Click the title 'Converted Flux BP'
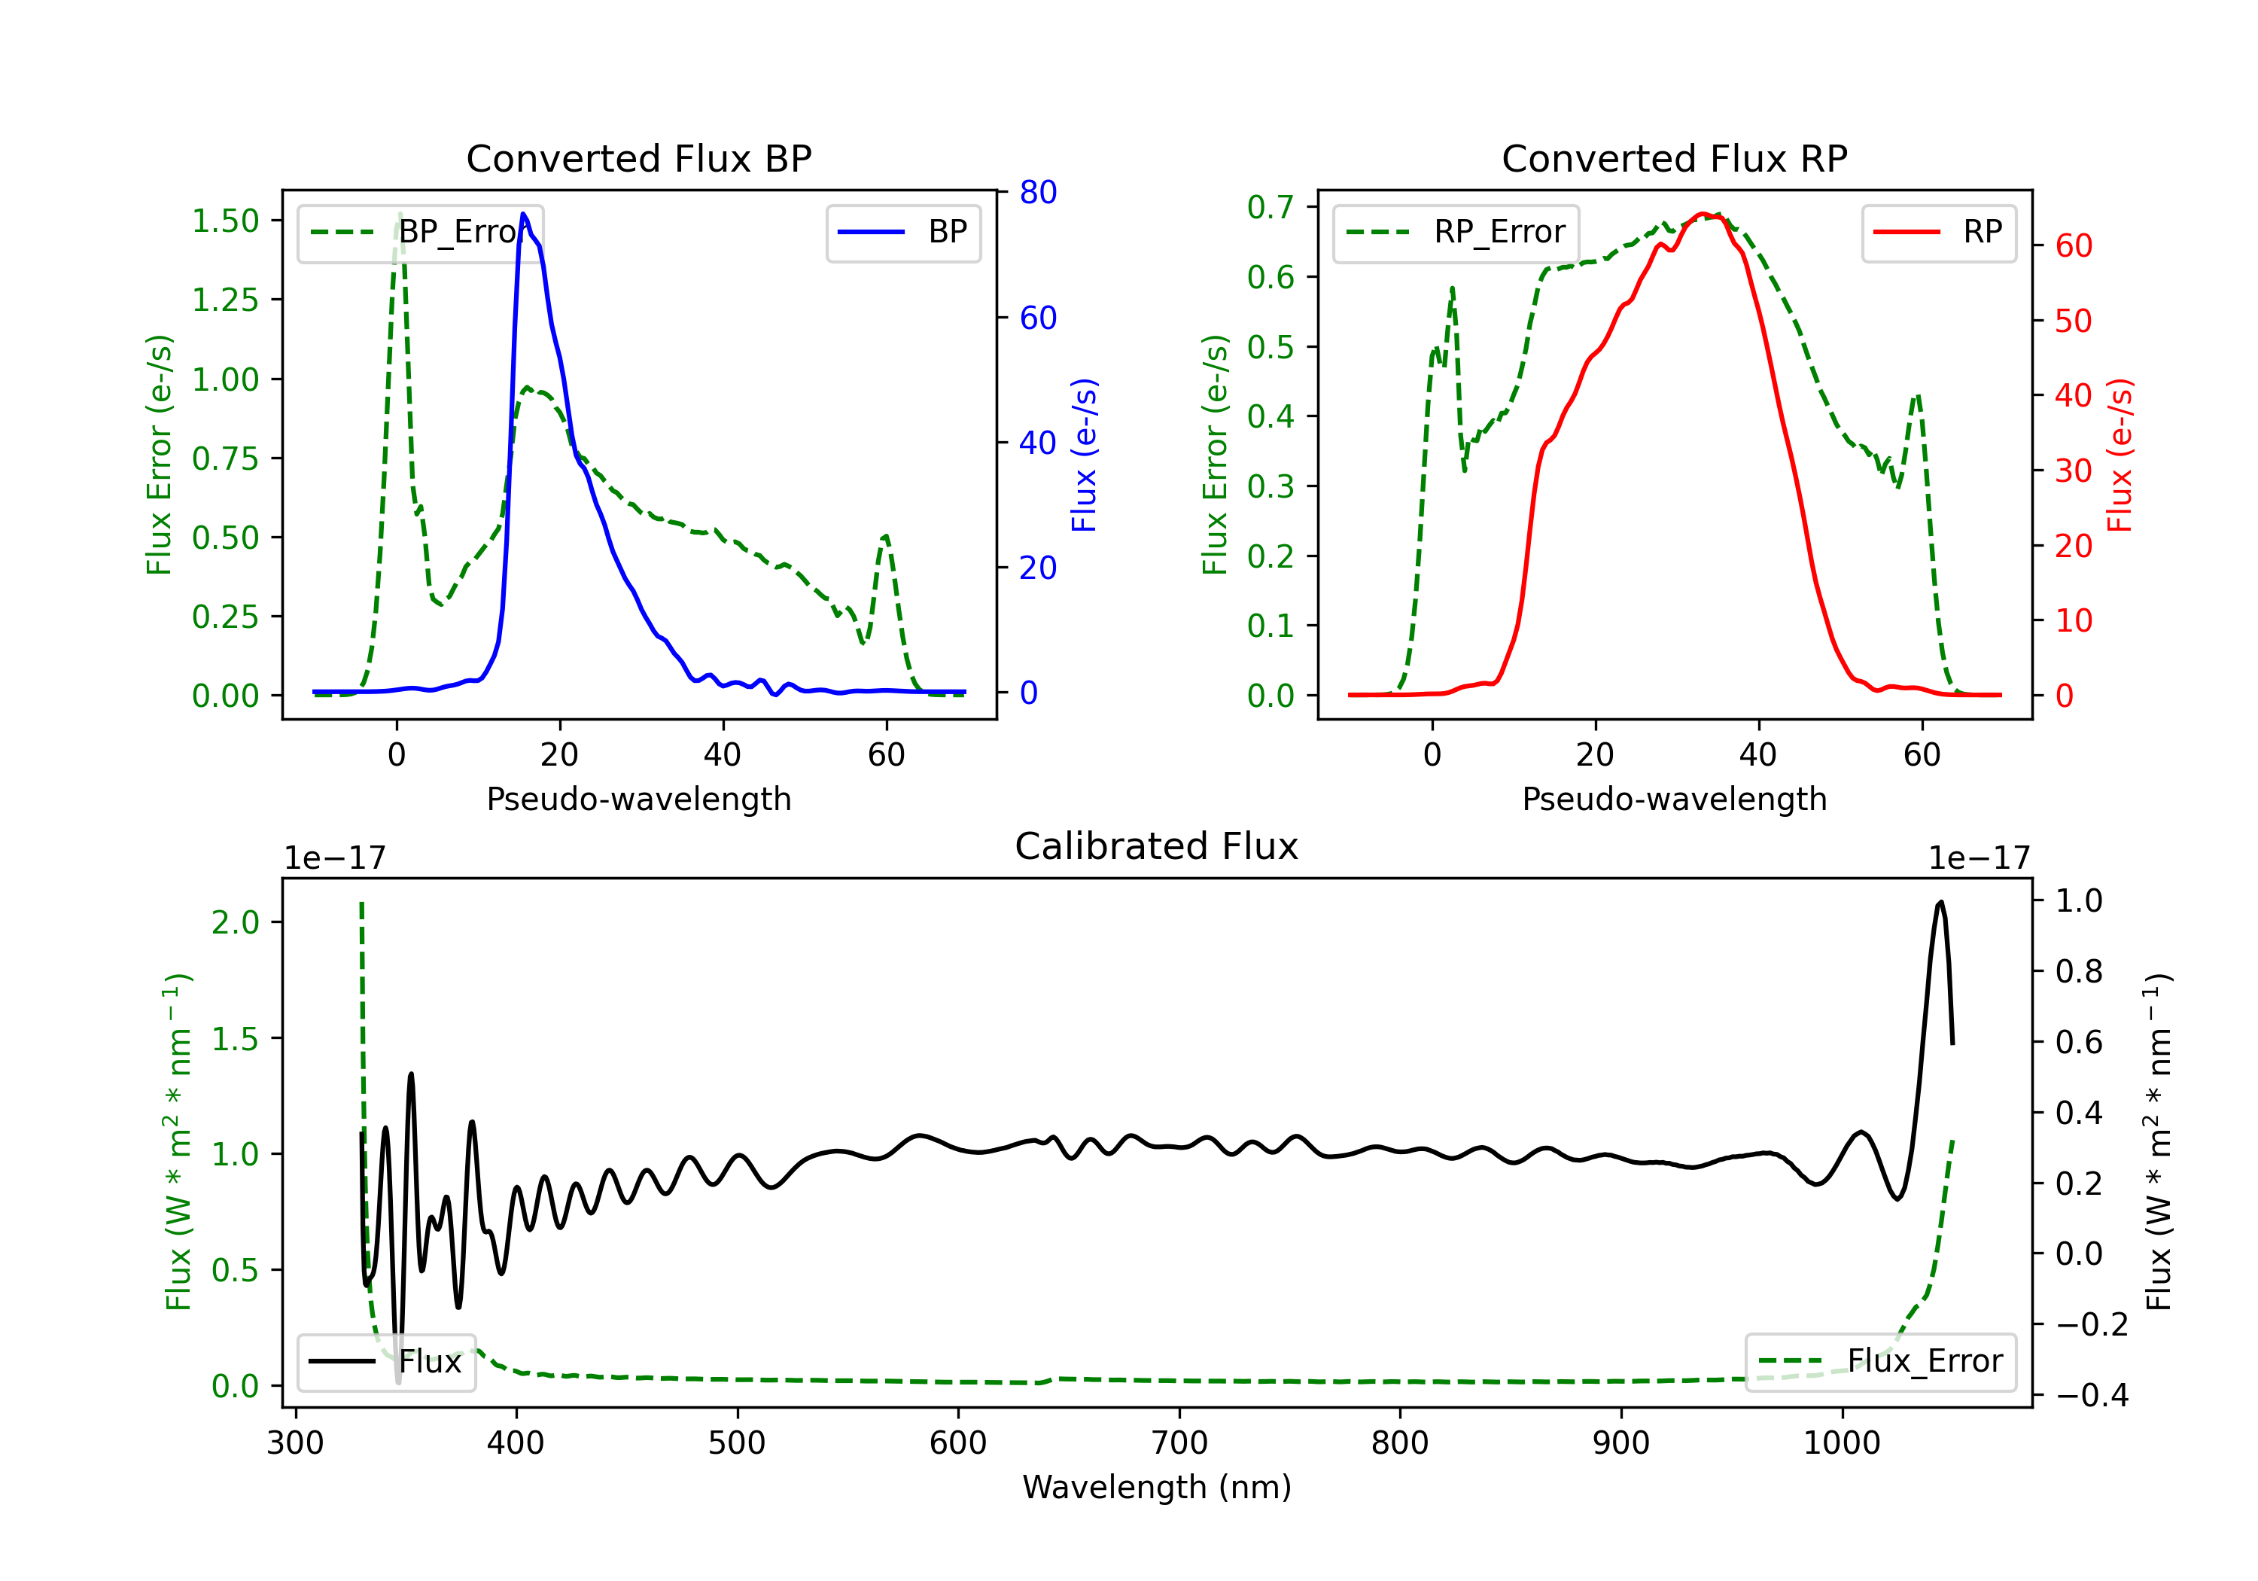(x=638, y=158)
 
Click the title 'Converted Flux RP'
(x=1674, y=158)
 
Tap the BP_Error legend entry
(x=420, y=232)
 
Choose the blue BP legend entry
(x=902, y=232)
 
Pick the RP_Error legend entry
(x=1456, y=232)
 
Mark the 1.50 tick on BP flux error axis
(x=225, y=221)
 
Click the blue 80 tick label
(x=1037, y=192)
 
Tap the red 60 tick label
(x=2073, y=246)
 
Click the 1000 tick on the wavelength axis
(x=1841, y=1443)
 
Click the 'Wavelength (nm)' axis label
(x=1157, y=1487)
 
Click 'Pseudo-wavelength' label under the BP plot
(x=638, y=799)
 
